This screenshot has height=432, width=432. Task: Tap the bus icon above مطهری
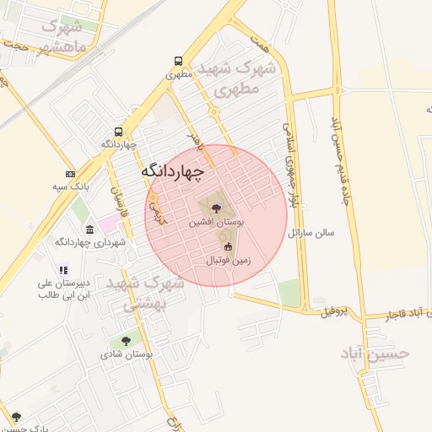[178, 61]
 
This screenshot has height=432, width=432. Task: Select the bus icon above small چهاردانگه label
[118, 132]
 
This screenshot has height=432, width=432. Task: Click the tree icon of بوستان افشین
[213, 205]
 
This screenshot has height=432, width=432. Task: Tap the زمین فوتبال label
[228, 262]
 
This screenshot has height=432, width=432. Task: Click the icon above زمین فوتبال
[228, 246]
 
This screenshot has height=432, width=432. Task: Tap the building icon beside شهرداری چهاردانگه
[90, 229]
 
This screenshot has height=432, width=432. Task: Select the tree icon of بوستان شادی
[126, 341]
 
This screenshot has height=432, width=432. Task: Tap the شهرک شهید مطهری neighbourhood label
[235, 78]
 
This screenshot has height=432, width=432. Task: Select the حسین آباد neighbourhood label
[375, 353]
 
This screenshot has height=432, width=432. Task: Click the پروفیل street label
[334, 313]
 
